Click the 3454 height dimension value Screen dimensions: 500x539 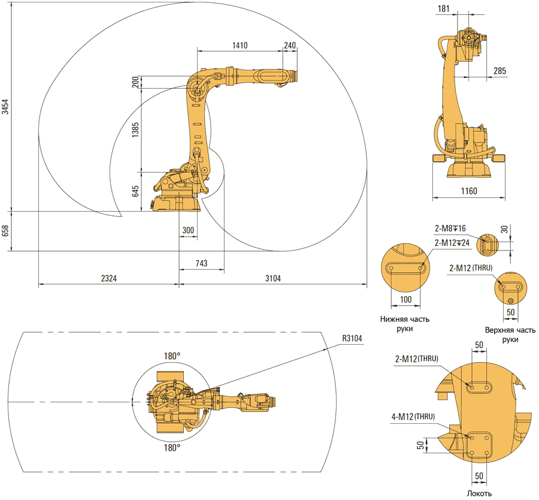[x=5, y=108]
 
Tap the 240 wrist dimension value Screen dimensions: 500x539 [x=290, y=45]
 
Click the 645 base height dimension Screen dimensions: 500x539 [x=135, y=191]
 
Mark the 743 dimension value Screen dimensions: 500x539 [x=202, y=263]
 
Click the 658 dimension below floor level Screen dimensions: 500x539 [x=5, y=231]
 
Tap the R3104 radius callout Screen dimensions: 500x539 [x=353, y=338]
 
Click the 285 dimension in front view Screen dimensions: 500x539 [x=499, y=71]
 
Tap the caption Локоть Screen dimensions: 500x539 [x=479, y=493]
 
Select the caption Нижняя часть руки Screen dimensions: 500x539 [x=404, y=324]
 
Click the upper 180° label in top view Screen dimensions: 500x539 [x=172, y=356]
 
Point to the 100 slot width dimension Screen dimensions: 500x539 [x=406, y=299]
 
